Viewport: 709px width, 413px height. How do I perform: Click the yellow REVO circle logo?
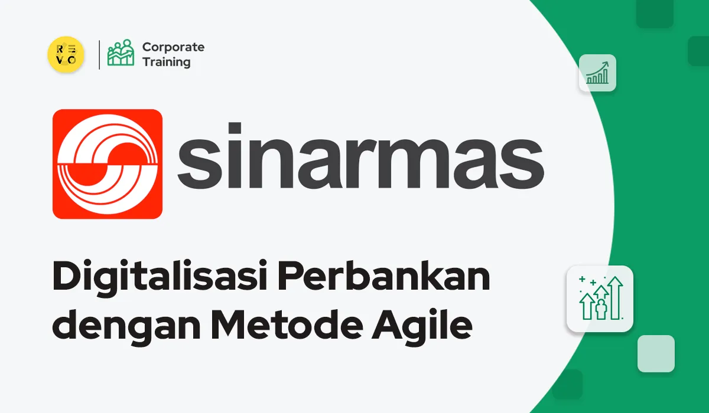(x=66, y=54)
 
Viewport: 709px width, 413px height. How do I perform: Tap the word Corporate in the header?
(x=173, y=47)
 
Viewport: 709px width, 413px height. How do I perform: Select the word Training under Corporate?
(x=167, y=62)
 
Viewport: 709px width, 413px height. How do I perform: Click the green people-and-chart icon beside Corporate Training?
(x=121, y=54)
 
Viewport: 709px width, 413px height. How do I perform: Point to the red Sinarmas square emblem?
(x=108, y=164)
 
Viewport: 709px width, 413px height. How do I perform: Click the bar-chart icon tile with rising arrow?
(x=597, y=73)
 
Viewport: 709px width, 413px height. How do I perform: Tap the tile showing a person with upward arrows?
(x=600, y=299)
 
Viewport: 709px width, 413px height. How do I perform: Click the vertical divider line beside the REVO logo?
(x=99, y=54)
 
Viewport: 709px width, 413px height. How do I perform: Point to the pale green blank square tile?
(x=656, y=353)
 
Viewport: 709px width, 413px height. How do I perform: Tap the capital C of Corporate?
(x=147, y=47)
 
